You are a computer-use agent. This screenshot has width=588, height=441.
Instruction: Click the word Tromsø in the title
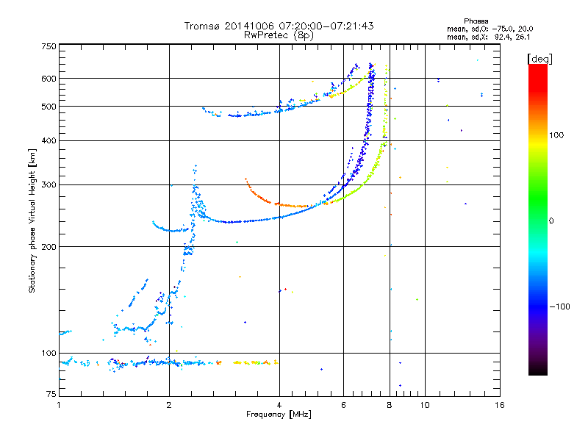point(201,26)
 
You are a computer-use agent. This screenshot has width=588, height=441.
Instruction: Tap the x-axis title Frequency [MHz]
point(279,415)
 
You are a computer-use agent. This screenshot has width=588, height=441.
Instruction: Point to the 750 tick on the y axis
point(49,46)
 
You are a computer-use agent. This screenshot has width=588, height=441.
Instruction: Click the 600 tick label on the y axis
point(49,78)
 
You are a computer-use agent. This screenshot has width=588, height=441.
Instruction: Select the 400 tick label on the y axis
point(49,140)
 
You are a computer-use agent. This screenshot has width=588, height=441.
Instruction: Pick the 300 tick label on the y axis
point(49,184)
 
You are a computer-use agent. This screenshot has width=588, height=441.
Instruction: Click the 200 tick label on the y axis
point(49,246)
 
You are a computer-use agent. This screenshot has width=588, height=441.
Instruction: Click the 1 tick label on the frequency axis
point(59,405)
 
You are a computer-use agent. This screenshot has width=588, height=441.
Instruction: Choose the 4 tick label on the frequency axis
point(279,405)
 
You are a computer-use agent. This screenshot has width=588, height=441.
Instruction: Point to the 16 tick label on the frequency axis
point(499,405)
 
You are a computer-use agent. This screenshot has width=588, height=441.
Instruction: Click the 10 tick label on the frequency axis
point(425,405)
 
